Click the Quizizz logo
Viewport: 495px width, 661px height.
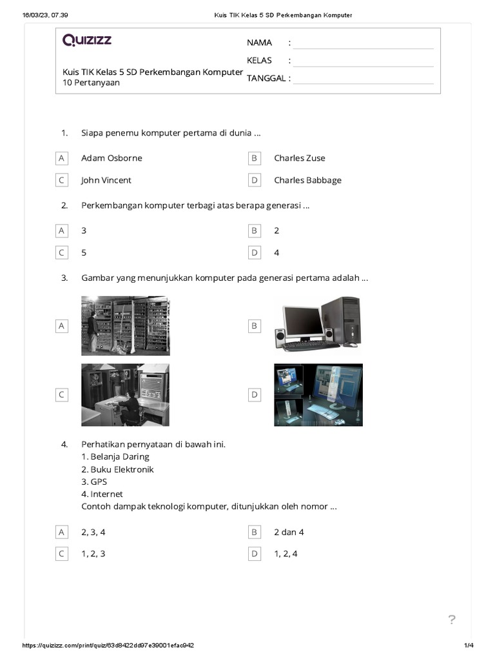[87, 41]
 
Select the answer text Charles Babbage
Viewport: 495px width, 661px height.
[307, 180]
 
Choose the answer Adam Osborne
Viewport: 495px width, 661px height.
[112, 158]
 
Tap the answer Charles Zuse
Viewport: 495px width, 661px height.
[299, 158]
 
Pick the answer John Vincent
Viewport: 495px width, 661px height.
[106, 180]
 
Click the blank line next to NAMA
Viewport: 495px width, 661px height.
[363, 43]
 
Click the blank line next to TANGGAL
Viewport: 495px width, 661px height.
[363, 79]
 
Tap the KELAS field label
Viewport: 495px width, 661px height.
[259, 61]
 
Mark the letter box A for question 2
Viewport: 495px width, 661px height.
[62, 230]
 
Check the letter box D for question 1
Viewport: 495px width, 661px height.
[255, 180]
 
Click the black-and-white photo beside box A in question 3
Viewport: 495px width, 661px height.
[125, 325]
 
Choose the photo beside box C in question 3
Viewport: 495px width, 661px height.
[125, 394]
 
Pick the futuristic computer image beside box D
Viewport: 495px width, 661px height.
[318, 394]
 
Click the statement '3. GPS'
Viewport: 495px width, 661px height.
[94, 482]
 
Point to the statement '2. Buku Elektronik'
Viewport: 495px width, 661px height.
[117, 469]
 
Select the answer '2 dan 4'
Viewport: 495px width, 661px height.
[289, 532]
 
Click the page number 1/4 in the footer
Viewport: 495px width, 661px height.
[469, 646]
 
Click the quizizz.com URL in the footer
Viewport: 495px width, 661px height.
[108, 646]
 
